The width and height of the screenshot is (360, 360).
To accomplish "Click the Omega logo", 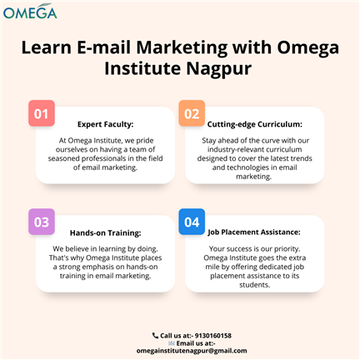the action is click(30, 12).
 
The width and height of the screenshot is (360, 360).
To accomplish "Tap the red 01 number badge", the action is click(42, 113).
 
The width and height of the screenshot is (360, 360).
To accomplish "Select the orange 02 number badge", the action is click(192, 113).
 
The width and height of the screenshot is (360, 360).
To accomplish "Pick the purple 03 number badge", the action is click(42, 222).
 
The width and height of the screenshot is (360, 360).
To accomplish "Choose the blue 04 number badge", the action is click(192, 222).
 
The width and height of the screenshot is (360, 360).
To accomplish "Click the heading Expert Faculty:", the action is click(106, 124).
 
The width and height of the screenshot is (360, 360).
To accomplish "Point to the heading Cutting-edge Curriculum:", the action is click(255, 124).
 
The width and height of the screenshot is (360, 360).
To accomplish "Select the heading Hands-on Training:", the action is click(106, 232).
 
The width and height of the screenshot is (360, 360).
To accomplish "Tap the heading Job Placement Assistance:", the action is click(254, 232).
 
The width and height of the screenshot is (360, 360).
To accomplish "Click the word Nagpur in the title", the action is click(219, 69).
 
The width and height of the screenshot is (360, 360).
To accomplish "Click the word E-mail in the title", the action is click(103, 47).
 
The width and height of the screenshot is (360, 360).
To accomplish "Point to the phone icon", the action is click(155, 336).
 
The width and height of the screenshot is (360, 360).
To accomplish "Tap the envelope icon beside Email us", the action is click(172, 343).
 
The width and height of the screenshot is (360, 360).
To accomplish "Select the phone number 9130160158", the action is click(213, 336).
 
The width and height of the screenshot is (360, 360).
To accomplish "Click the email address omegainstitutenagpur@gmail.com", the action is click(192, 351).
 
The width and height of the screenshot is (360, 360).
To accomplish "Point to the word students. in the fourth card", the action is click(255, 285).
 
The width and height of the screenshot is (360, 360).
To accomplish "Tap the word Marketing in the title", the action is click(182, 47).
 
